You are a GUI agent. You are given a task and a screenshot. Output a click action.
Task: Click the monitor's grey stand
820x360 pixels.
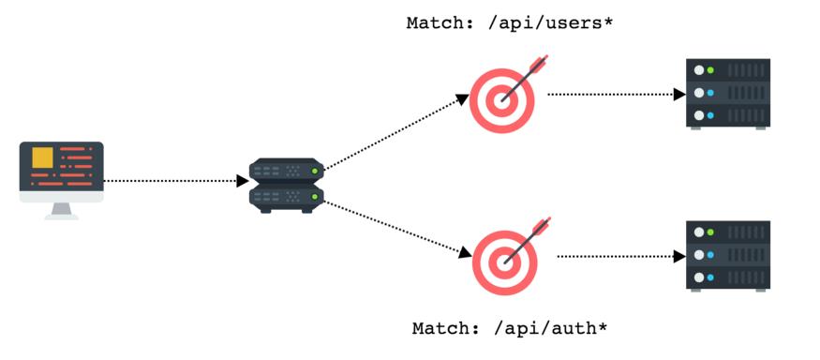pos(62,210)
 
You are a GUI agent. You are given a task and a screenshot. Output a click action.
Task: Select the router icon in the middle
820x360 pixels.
pos(286,185)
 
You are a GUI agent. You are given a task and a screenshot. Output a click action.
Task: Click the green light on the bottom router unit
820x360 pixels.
pos(315,196)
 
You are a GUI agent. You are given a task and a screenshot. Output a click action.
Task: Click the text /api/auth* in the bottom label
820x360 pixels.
pos(550,329)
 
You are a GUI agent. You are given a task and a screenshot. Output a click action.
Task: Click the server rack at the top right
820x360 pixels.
pos(728,94)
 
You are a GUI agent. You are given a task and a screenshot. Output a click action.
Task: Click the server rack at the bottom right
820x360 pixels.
pos(728,256)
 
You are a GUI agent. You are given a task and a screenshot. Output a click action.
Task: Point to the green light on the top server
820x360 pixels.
pos(711,70)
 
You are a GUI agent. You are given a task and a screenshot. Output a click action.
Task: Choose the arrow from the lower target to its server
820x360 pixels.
pos(619,256)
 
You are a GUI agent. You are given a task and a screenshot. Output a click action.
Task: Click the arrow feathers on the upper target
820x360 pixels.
pos(539,66)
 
